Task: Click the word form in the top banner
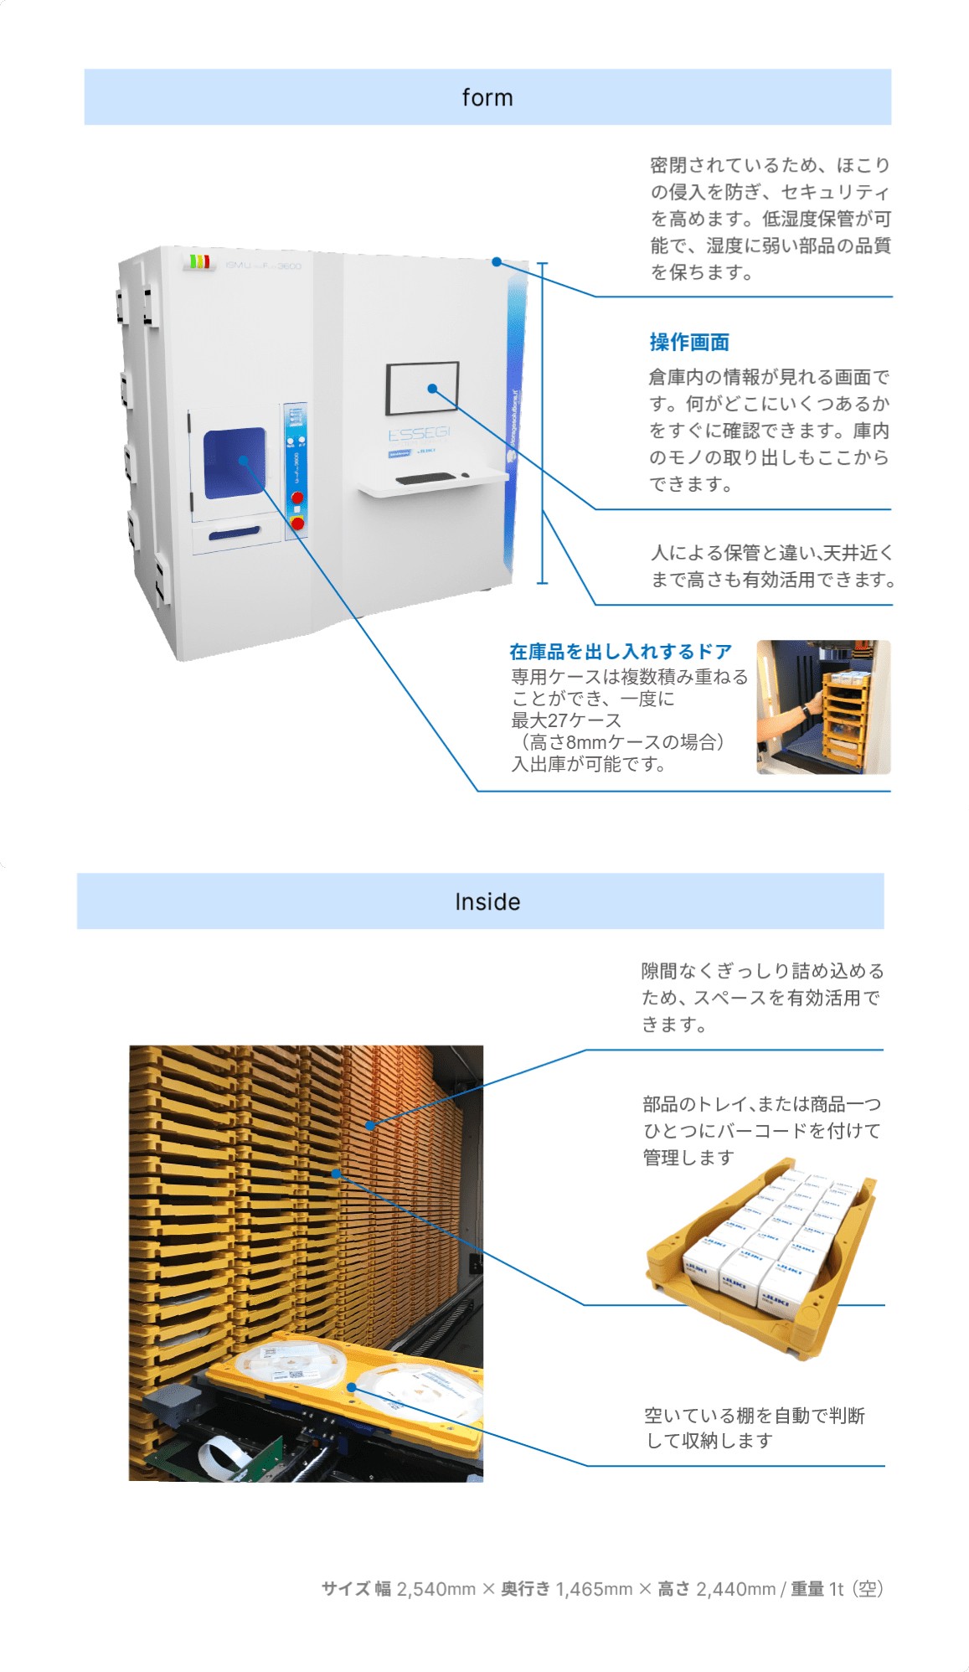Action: coord(487,98)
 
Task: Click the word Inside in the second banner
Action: coord(487,902)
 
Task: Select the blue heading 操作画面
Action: coord(689,343)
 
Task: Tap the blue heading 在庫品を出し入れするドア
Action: coord(621,652)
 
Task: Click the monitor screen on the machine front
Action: coord(422,388)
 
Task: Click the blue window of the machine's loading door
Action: coord(234,463)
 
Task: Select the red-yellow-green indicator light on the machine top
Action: coord(198,262)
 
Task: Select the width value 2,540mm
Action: coord(436,1589)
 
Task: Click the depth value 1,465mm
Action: coord(593,1589)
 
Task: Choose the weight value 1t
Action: coord(836,1589)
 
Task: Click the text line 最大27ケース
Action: coord(566,720)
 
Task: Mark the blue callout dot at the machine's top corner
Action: coord(497,262)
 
